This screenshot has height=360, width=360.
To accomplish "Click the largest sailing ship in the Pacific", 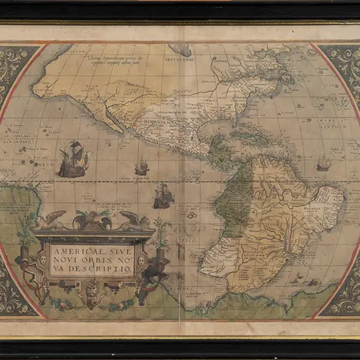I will pos(72,159).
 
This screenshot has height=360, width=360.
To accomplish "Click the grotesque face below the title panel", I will pos(91,287).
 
